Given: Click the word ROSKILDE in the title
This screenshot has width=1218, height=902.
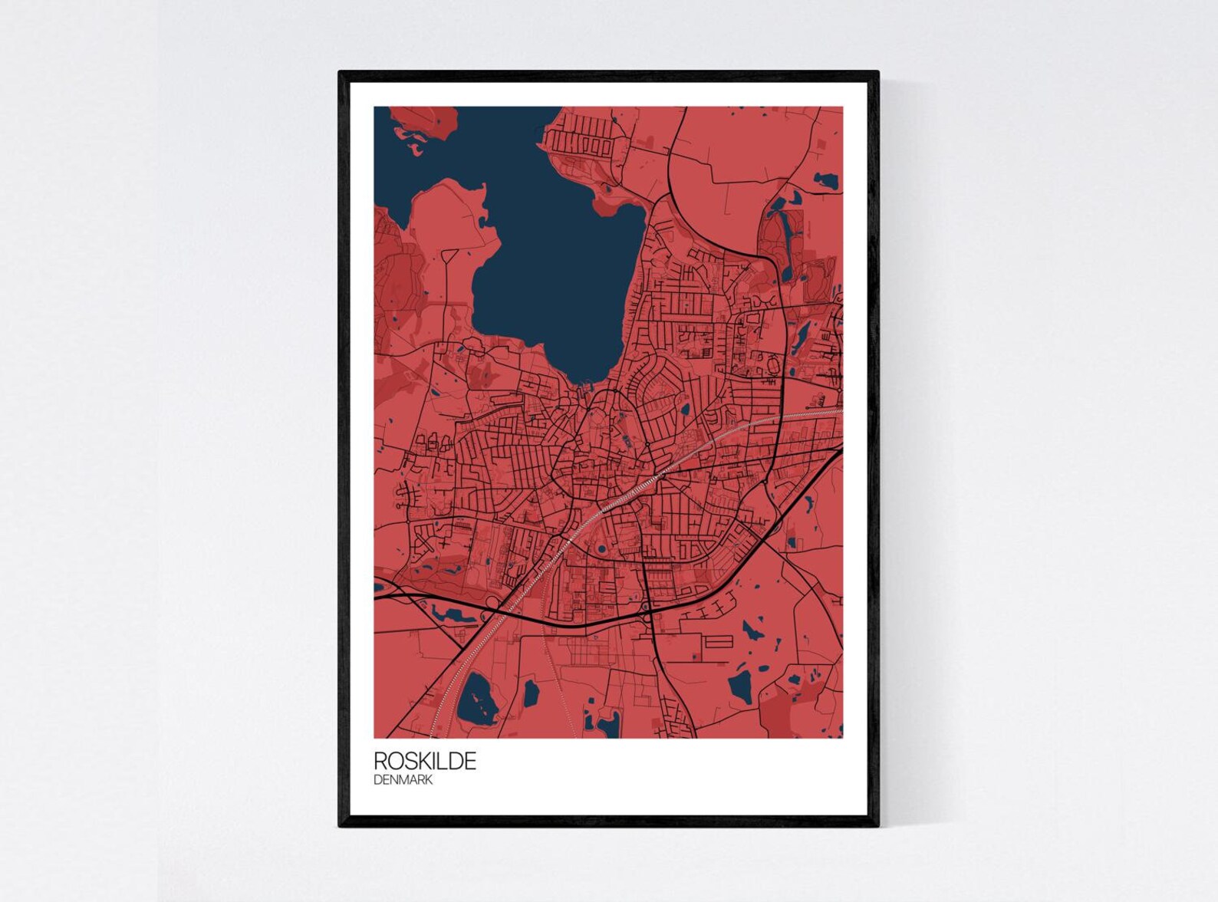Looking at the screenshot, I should [425, 761].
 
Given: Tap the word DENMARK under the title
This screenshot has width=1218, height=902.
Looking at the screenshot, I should [403, 780].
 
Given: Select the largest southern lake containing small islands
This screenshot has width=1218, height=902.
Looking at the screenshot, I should [476, 699].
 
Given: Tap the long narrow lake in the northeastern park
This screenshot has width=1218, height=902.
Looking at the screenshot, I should [785, 237].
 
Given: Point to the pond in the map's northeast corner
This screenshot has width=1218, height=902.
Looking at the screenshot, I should [826, 181].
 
